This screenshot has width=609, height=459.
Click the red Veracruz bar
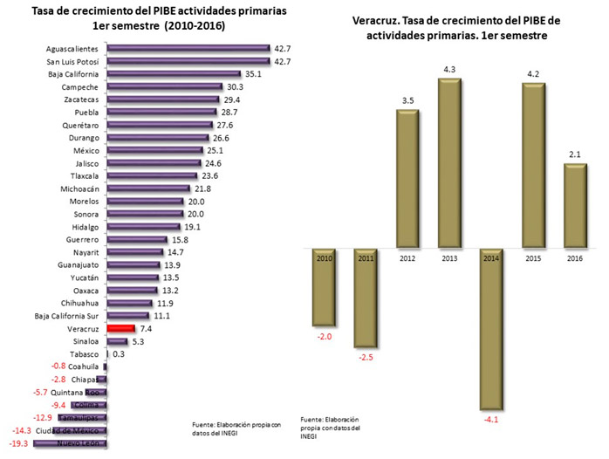[120, 328]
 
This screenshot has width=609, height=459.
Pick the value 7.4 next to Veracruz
[147, 328]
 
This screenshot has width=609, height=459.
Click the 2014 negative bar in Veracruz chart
[490, 328]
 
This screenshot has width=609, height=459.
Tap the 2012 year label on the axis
[407, 258]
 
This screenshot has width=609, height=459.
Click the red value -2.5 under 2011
[365, 356]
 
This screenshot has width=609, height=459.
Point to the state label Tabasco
[83, 353]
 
